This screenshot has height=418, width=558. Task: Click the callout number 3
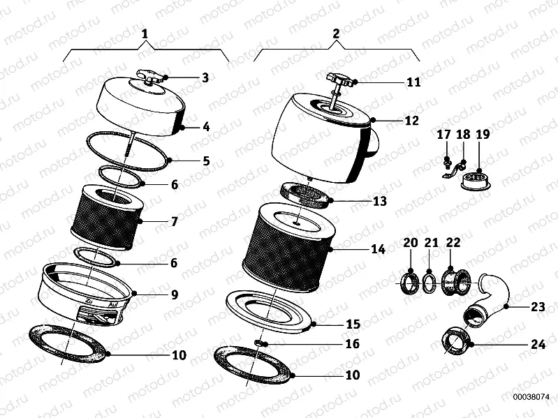tap(205, 77)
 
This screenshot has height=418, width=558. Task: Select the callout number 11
tap(413, 82)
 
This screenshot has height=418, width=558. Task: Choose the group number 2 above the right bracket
tap(336, 33)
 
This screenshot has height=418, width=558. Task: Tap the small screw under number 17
tap(445, 165)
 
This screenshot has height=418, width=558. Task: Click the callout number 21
tap(432, 242)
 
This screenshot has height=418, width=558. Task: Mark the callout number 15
tap(353, 324)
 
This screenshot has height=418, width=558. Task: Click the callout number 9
tap(174, 294)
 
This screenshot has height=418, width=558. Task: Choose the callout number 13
tap(379, 202)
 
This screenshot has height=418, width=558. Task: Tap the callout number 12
tap(411, 120)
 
